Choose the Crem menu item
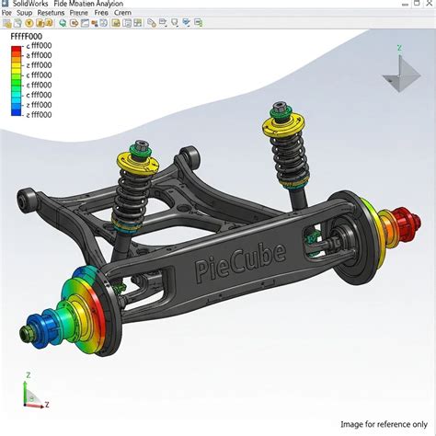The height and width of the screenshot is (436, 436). pyautogui.click(x=121, y=13)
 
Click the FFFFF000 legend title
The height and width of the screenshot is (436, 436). pyautogui.click(x=27, y=35)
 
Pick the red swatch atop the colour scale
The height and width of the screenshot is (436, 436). pyautogui.click(x=16, y=46)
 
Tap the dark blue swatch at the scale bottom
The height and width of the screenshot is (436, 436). pyautogui.click(x=16, y=114)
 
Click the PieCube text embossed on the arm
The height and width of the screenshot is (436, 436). pyautogui.click(x=240, y=260)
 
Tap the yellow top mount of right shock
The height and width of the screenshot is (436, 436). pyautogui.click(x=279, y=121)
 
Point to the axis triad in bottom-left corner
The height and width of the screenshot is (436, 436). pyautogui.click(x=33, y=393)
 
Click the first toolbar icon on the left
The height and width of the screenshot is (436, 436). pyautogui.click(x=6, y=22)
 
